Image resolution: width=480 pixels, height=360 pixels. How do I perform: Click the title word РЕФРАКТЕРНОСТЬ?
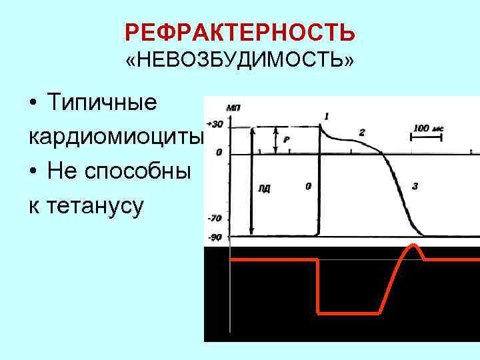click(x=240, y=33)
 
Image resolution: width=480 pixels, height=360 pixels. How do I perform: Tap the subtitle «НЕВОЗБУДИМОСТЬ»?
click(x=240, y=61)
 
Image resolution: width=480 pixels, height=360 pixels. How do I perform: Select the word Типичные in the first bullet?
click(x=102, y=103)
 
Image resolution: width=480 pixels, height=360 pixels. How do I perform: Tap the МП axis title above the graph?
click(x=234, y=107)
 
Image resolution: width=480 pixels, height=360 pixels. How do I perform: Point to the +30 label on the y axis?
click(x=215, y=125)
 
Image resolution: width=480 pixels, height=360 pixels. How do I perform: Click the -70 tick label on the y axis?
click(x=214, y=218)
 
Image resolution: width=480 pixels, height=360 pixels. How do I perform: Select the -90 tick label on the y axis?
click(x=214, y=237)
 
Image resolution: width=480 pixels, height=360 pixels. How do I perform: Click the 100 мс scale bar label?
click(x=428, y=127)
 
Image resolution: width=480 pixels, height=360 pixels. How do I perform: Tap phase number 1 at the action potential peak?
click(x=326, y=117)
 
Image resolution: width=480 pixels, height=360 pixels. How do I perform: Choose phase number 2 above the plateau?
click(x=361, y=133)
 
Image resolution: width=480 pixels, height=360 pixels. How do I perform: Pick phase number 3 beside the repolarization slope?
click(x=415, y=187)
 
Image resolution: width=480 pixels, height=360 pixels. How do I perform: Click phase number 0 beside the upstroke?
click(x=307, y=187)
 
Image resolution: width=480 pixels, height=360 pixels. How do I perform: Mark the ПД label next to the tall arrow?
click(x=264, y=189)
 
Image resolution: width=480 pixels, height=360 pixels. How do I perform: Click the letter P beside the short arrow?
click(x=286, y=140)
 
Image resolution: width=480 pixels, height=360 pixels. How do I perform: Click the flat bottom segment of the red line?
click(x=349, y=312)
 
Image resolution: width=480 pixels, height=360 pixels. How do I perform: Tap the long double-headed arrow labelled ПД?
click(x=251, y=180)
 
